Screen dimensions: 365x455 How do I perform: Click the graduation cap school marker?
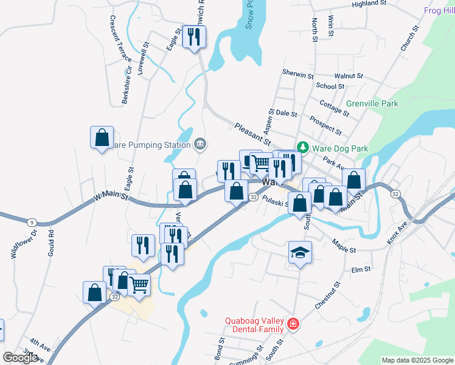pyautogui.click(x=300, y=252)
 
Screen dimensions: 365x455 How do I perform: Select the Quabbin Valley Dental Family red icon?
pyautogui.click(x=294, y=324)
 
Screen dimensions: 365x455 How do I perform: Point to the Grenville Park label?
pyautogui.click(x=372, y=103)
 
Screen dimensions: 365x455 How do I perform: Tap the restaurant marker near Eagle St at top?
pyautogui.click(x=195, y=37)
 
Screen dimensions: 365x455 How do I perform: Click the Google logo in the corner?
pyautogui.click(x=20, y=358)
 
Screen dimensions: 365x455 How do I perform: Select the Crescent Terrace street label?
pyautogui.click(x=120, y=37)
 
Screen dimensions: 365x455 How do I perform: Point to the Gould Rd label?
pyautogui.click(x=51, y=242)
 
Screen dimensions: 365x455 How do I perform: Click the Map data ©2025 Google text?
pyautogui.click(x=417, y=360)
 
